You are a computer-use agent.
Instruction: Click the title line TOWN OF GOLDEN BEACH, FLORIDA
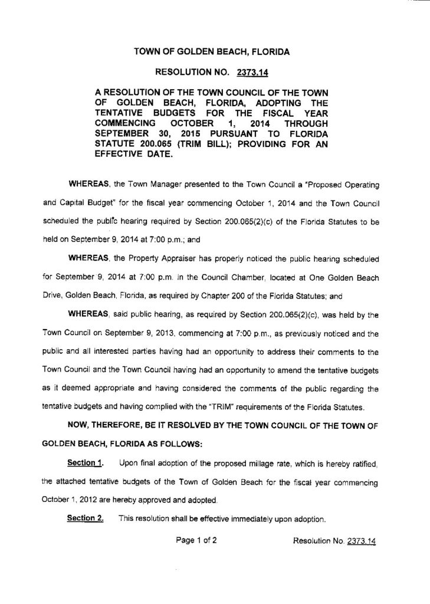[212, 52]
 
